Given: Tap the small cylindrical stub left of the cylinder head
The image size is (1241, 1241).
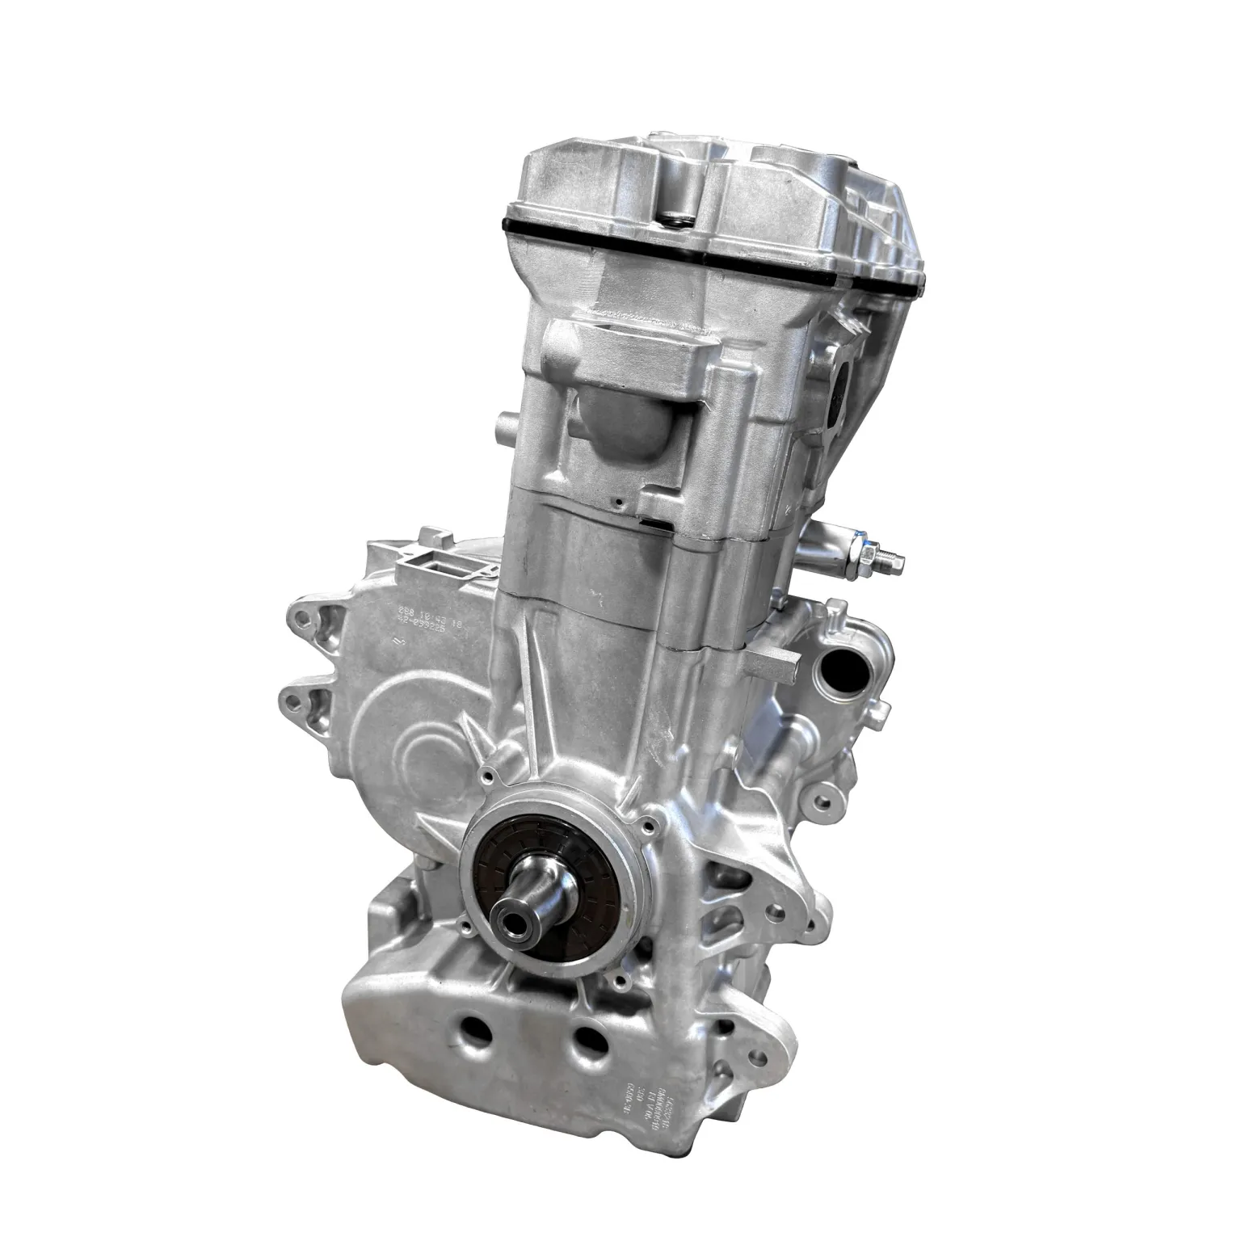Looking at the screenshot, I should point(507,423).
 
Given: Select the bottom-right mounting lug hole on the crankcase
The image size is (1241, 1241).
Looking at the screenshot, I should point(758,1057).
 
